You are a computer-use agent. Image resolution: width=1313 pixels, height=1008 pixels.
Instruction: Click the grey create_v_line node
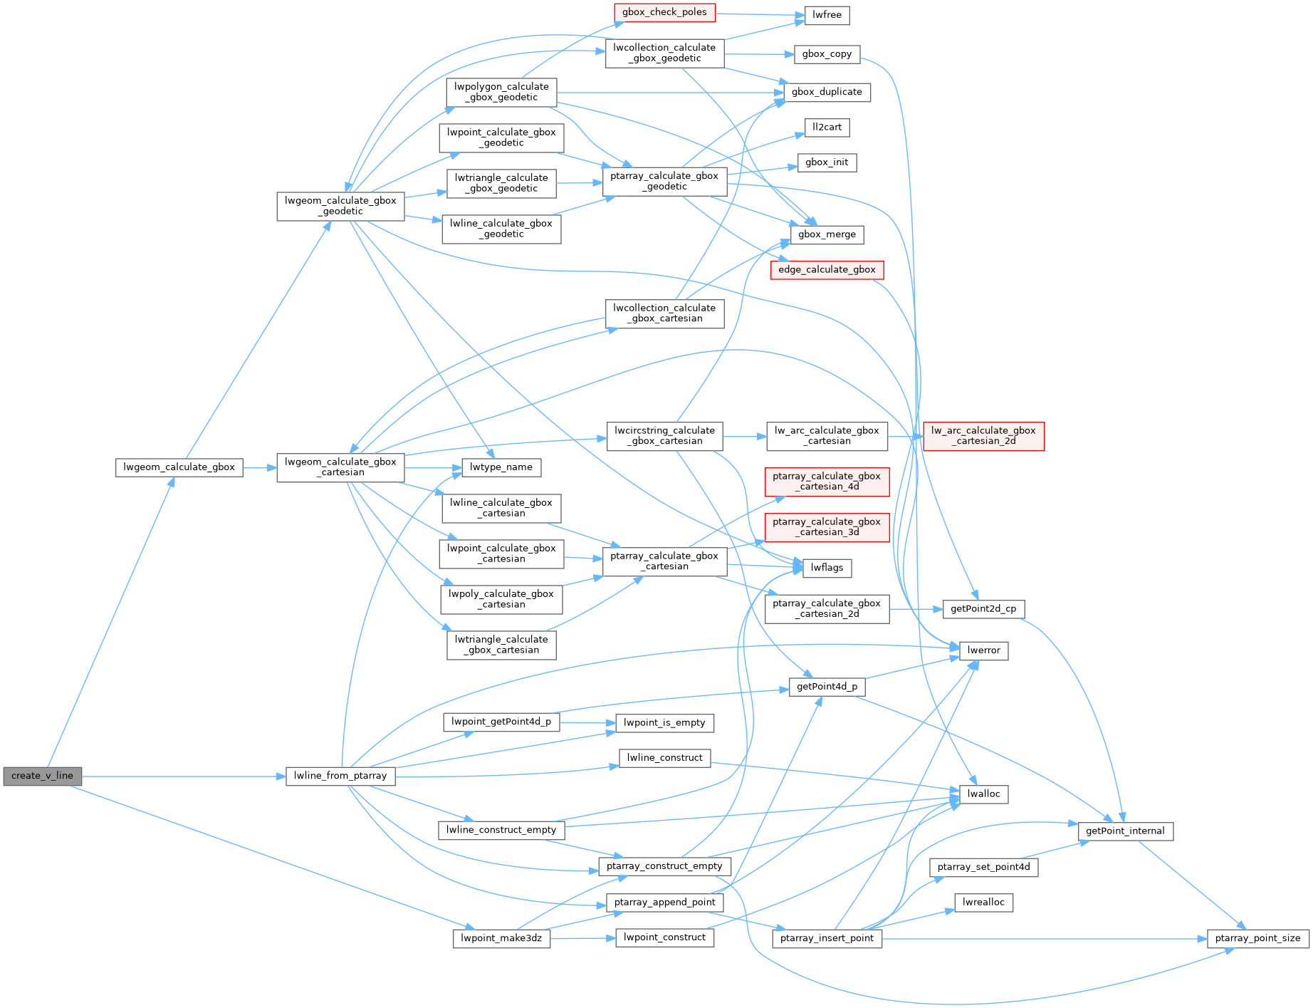click(x=43, y=776)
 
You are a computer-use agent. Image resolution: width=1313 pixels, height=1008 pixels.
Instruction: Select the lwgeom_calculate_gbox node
click(x=179, y=467)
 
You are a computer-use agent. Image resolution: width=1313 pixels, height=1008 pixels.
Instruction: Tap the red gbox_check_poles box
click(x=664, y=12)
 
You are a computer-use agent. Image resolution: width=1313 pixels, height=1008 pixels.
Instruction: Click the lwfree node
click(x=827, y=15)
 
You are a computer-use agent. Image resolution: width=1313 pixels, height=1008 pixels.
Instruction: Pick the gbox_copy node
click(x=827, y=54)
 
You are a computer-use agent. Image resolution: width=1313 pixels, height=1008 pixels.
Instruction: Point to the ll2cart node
click(x=827, y=128)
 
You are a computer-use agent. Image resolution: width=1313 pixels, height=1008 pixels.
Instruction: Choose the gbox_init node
click(x=827, y=162)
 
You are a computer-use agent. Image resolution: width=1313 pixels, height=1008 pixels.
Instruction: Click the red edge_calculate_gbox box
click(x=827, y=270)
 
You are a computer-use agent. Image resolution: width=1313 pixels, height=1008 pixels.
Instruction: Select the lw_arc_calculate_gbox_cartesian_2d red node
click(x=983, y=436)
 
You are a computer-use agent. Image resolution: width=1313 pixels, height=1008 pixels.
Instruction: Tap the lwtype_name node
click(x=501, y=467)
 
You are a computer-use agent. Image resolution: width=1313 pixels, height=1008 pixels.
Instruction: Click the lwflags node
click(x=827, y=568)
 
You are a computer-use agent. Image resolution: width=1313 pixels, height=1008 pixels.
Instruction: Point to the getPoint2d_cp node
click(x=983, y=609)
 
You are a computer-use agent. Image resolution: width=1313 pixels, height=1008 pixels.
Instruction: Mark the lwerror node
click(x=983, y=650)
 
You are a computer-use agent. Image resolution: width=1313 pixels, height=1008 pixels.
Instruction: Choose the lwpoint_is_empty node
click(x=664, y=723)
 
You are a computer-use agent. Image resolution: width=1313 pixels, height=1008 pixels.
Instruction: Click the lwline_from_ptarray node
click(x=340, y=776)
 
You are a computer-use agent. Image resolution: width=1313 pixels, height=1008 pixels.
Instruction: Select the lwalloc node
click(x=983, y=794)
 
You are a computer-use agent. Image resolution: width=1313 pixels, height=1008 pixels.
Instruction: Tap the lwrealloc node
click(x=983, y=903)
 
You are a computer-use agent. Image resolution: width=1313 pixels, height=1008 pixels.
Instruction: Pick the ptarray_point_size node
click(x=1257, y=938)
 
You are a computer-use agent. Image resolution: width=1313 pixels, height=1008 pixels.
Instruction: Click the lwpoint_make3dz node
click(x=501, y=938)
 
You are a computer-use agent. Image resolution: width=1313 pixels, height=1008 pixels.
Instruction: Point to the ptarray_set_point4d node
click(x=983, y=867)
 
